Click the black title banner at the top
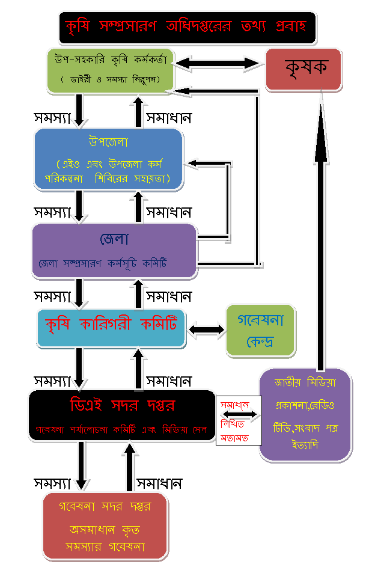[187, 28]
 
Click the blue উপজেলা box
[108, 159]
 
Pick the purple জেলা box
[114, 251]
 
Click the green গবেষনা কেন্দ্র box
[260, 330]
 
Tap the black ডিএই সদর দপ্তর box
[121, 415]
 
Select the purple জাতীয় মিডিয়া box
[305, 415]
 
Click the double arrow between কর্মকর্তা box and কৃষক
[219, 62]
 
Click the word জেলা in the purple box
[114, 239]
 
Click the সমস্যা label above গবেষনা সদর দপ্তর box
[53, 483]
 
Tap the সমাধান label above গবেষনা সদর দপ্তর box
[159, 483]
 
